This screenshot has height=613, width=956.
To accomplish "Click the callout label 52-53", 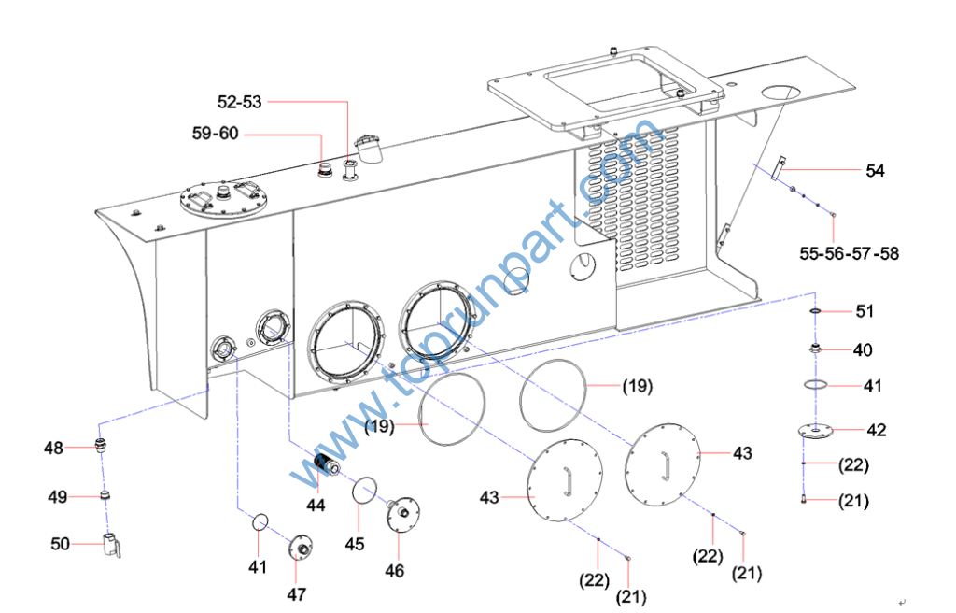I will [239, 102].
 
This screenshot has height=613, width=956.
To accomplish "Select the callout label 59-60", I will [215, 134].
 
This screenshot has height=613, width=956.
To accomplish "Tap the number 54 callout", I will [875, 170].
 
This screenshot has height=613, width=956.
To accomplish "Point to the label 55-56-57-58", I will [850, 252].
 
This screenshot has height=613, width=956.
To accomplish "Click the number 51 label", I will [865, 311].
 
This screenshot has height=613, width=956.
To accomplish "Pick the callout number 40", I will [863, 350].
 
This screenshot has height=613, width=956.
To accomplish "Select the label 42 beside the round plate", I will [876, 431].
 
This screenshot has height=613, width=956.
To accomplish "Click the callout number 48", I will [53, 448].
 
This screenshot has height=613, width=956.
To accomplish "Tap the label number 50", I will [60, 543].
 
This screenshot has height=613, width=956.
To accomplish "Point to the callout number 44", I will [316, 505].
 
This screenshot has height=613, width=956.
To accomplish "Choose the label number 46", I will [395, 570].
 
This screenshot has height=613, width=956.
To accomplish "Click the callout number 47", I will [296, 593].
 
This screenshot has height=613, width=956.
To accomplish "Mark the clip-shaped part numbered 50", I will [112, 545].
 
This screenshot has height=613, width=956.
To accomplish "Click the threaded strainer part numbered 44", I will [328, 464].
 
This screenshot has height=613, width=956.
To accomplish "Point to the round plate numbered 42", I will [815, 431].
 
